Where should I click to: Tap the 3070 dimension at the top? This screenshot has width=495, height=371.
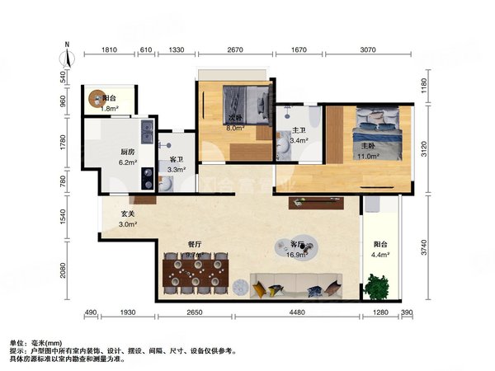click(x=367, y=50)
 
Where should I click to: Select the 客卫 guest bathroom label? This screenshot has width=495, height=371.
click(x=176, y=160)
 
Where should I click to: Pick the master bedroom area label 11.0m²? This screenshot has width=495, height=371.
click(x=368, y=156)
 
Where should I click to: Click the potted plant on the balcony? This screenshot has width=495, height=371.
click(x=378, y=288)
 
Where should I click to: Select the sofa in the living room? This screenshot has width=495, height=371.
click(x=297, y=284)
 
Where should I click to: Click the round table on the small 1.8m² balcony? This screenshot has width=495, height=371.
click(x=98, y=96)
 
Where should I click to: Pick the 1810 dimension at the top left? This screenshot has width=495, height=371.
click(x=110, y=50)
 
